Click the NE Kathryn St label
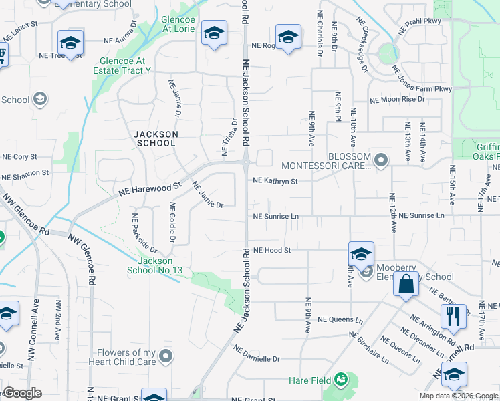pyautogui.click(x=275, y=180)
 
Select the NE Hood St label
pyautogui.click(x=272, y=250)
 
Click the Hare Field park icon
pyautogui.click(x=341, y=380)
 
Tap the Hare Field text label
pyautogui.click(x=309, y=380)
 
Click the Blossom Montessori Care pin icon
pyautogui.click(x=381, y=160)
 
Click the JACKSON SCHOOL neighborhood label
pyautogui.click(x=156, y=138)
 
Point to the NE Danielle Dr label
pyautogui.click(x=257, y=354)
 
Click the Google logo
pyautogui.click(x=21, y=393)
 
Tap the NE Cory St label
pyautogui.click(x=19, y=157)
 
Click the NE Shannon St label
pyautogui.click(x=25, y=178)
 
